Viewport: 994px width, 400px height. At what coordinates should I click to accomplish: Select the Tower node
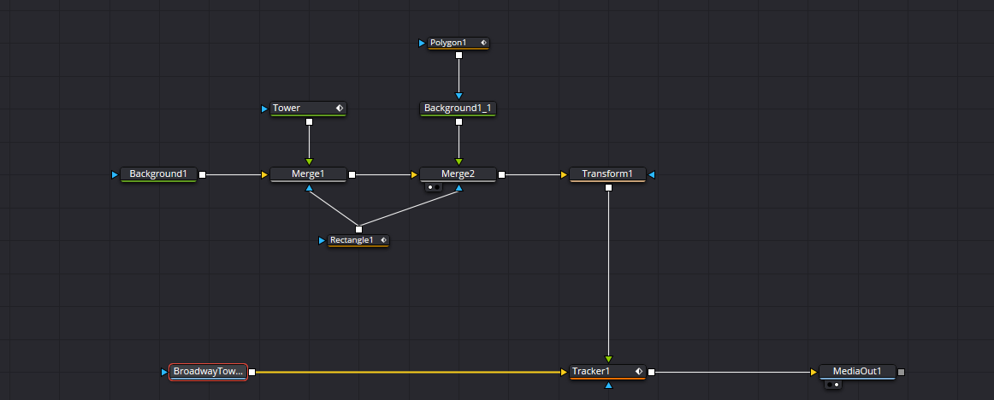(x=309, y=109)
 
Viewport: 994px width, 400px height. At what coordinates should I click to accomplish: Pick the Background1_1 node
(x=458, y=109)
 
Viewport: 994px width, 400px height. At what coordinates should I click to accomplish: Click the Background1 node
(x=158, y=174)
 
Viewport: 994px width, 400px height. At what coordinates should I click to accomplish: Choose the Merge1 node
(x=308, y=174)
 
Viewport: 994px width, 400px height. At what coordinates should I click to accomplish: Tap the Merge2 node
(x=458, y=174)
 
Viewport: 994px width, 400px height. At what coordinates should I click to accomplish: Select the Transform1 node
(x=607, y=174)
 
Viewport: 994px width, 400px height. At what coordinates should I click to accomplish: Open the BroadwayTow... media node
(x=208, y=372)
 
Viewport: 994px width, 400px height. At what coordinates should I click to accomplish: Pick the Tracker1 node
(x=607, y=372)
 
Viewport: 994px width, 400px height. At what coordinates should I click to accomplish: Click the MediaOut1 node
(x=857, y=372)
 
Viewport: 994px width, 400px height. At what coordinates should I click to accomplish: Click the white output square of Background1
(x=202, y=174)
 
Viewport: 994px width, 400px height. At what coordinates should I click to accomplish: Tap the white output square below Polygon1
(x=459, y=55)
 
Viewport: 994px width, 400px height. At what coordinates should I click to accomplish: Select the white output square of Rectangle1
(x=358, y=229)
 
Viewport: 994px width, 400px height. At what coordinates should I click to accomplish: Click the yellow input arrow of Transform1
(x=564, y=174)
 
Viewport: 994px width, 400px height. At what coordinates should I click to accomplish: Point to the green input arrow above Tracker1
(x=608, y=360)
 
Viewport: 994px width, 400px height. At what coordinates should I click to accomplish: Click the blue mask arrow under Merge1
(x=310, y=188)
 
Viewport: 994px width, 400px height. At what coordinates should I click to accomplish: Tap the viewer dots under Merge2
(x=434, y=187)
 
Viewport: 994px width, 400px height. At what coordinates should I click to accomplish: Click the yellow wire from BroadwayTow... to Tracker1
(x=408, y=372)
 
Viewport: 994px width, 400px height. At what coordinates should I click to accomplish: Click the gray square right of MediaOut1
(x=902, y=372)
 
